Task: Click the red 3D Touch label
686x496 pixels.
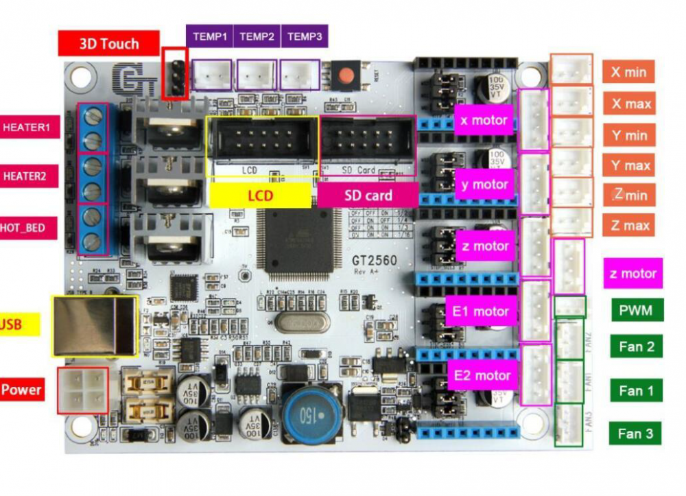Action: click(x=109, y=43)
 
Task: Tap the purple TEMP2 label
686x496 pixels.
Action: click(x=257, y=36)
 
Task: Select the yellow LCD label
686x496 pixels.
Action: click(x=260, y=196)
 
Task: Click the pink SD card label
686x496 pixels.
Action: click(x=368, y=196)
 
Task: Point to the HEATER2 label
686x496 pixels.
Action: click(x=25, y=176)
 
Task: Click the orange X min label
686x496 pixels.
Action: click(x=628, y=71)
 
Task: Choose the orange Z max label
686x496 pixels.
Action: click(x=628, y=225)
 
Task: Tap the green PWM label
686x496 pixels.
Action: click(x=636, y=310)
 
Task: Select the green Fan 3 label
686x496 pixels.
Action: click(x=636, y=434)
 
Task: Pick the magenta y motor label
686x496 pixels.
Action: click(x=484, y=184)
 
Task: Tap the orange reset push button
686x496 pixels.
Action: click(x=350, y=74)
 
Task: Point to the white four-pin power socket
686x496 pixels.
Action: click(x=83, y=390)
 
